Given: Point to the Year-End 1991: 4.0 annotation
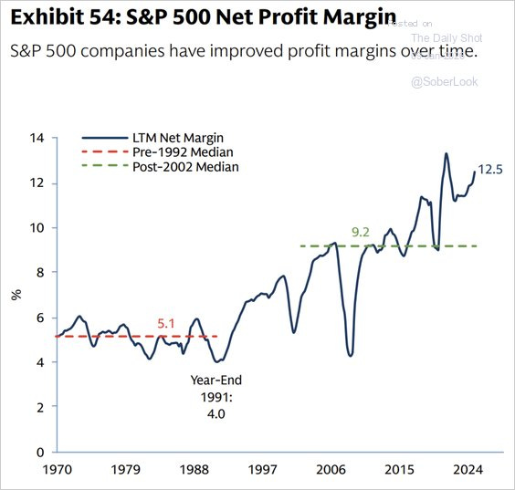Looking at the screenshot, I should click(216, 396).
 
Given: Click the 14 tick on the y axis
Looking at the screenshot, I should click(37, 138).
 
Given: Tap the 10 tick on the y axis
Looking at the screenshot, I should click(37, 228).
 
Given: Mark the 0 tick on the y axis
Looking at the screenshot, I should click(40, 453).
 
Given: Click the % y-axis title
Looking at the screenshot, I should click(15, 295).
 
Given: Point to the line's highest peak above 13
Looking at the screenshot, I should click(446, 153).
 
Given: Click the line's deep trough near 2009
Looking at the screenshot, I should click(351, 355).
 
